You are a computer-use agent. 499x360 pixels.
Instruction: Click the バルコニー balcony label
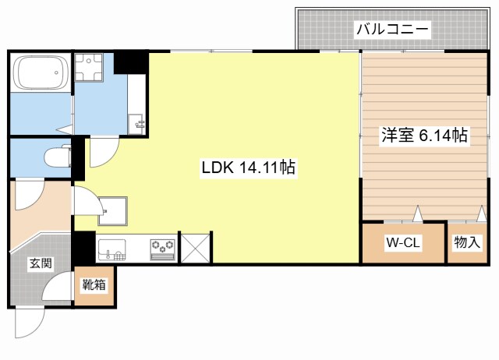[392, 30]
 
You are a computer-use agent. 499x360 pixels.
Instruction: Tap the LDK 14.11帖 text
[248, 167]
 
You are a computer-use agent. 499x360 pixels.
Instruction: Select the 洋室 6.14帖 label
[424, 136]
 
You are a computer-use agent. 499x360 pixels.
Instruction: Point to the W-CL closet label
[403, 242]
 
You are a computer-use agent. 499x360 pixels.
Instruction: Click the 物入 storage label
[467, 242]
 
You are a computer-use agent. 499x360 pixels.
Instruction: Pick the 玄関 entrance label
[41, 263]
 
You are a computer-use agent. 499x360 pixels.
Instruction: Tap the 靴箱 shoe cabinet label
[94, 285]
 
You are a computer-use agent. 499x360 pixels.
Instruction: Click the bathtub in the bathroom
[41, 74]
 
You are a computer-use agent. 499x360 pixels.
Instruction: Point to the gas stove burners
[162, 247]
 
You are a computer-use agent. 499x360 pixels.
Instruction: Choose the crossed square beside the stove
[194, 247]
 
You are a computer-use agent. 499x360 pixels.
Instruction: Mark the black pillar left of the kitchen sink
[83, 248]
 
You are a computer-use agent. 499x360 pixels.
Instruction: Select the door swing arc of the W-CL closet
[416, 214]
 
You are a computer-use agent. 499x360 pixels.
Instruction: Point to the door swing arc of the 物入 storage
[457, 215]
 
